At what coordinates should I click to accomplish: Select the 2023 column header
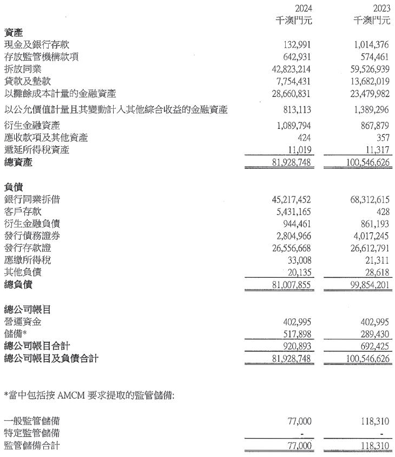pyautogui.click(x=381, y=8)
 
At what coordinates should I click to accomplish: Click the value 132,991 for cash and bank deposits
pyautogui.click(x=297, y=44)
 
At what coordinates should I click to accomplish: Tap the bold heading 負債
pyautogui.click(x=13, y=187)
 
